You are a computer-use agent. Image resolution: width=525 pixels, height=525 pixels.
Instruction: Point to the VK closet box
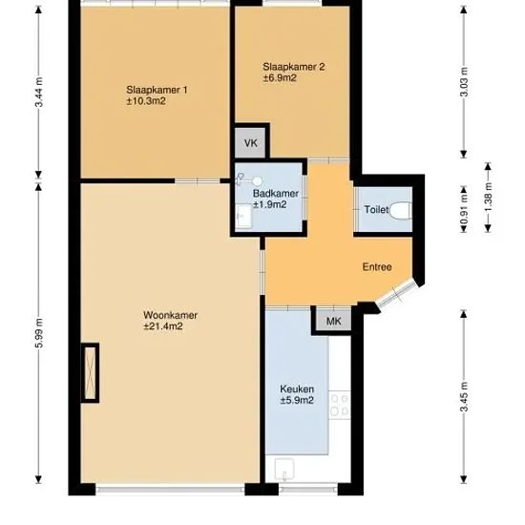tap(250, 143)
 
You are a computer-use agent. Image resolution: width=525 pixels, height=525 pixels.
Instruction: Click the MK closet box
tap(333, 321)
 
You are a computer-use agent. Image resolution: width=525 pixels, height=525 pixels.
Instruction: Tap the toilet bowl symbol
tap(400, 210)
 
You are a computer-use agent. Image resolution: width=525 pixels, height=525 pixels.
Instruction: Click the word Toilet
tap(376, 210)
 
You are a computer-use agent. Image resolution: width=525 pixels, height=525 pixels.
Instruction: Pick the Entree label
tap(377, 267)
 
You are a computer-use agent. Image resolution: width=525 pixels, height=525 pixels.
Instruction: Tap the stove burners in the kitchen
tap(340, 405)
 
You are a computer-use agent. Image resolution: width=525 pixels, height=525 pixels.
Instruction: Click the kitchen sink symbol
tap(284, 470)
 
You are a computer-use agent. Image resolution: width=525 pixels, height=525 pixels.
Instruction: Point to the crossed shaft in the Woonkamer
tap(90, 373)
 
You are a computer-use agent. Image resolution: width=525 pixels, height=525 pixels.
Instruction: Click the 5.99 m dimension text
tap(39, 333)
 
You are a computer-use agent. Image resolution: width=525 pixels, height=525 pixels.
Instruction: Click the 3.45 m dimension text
tap(464, 397)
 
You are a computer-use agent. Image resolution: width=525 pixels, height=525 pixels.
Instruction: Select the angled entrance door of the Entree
tap(397, 294)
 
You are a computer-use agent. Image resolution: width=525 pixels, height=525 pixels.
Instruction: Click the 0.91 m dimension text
tap(464, 207)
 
